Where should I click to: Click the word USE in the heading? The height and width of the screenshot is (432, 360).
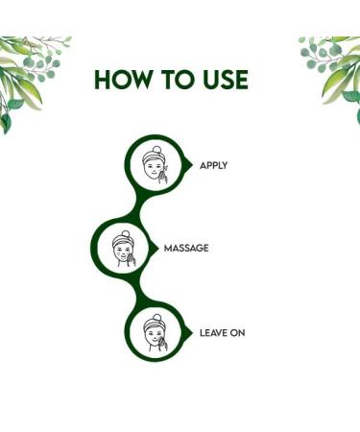[x=226, y=80]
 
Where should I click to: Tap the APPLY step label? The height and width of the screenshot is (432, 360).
[x=213, y=165]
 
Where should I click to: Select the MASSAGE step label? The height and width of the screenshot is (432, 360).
[x=187, y=248]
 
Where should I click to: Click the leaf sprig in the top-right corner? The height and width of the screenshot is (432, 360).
[x=331, y=67]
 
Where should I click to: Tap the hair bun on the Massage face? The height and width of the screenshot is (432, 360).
[x=118, y=232]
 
